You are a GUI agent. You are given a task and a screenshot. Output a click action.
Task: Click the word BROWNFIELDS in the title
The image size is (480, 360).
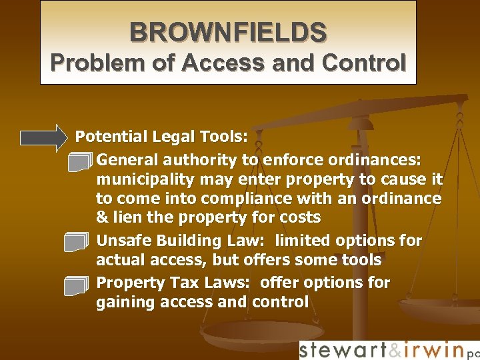[228, 31]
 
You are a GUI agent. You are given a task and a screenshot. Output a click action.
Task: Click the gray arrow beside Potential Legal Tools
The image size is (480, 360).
[44, 137]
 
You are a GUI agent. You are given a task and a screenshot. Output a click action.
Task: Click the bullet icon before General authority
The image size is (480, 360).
[78, 161]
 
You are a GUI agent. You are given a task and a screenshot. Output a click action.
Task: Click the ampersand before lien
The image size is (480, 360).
[102, 218]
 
